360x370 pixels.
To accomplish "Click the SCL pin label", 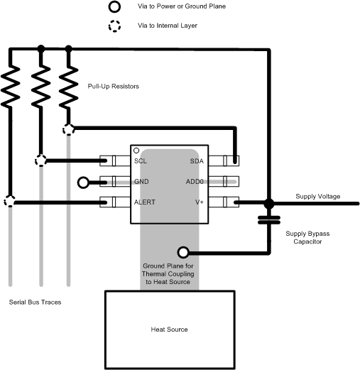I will point(140,161).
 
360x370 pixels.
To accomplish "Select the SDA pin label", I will point(197,161).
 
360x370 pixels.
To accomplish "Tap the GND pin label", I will point(141,182).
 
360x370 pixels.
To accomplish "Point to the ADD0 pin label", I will point(195,182).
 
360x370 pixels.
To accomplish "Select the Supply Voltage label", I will point(318,196).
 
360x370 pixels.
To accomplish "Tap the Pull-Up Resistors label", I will point(114,86).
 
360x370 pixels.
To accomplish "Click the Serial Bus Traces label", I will point(35,303).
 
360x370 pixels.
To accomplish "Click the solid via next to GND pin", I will point(84,183).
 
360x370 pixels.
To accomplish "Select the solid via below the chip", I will point(183,252).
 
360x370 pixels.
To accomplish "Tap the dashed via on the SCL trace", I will point(40,160).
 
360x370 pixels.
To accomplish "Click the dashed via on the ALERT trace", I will point(10,202).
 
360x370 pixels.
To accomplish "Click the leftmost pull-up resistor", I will point(11,85).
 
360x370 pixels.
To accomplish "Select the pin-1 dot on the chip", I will point(136,151).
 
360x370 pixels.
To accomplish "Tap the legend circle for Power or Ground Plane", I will point(114,7).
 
